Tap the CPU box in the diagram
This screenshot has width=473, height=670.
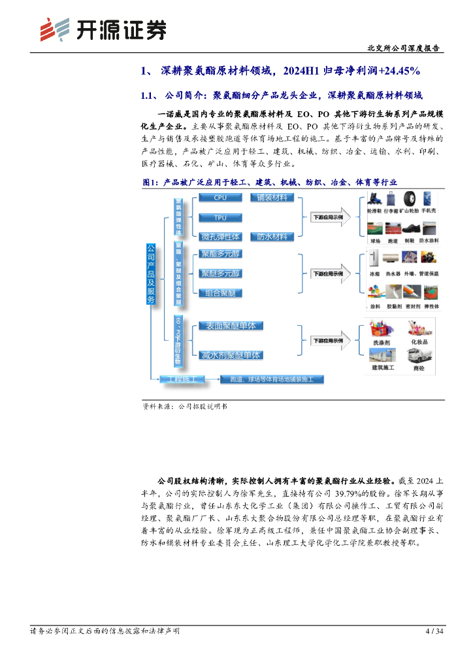pyautogui.click(x=220, y=198)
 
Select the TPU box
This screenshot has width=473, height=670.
pyautogui.click(x=220, y=217)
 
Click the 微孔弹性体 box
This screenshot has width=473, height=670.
pyautogui.click(x=220, y=236)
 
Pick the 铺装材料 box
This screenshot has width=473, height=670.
pyautogui.click(x=272, y=198)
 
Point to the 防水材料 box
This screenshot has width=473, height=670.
pyautogui.click(x=272, y=236)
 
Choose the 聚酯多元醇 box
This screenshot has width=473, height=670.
pyautogui.click(x=220, y=253)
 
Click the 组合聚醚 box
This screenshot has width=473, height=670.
pyautogui.click(x=220, y=292)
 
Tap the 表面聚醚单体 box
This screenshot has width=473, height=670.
pyautogui.click(x=230, y=325)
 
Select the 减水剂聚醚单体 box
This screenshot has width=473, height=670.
pyautogui.click(x=230, y=355)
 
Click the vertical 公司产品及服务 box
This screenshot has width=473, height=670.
pyautogui.click(x=151, y=274)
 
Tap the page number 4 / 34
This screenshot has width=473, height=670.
pyautogui.click(x=434, y=631)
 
